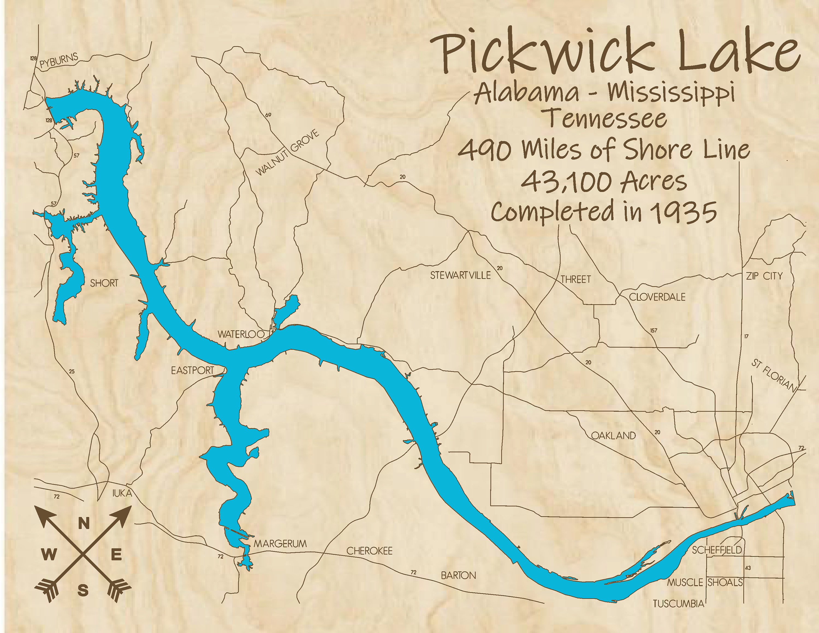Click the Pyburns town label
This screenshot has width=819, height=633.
coord(59,61)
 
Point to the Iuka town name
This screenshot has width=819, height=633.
coord(122,494)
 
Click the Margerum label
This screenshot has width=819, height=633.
coord(280,543)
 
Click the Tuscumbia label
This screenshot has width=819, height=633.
coord(678,604)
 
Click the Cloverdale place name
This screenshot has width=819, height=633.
coord(657,297)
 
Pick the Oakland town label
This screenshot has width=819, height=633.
coord(613,435)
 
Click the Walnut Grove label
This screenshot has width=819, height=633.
coord(287,153)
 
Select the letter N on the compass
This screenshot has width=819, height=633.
coord(84,523)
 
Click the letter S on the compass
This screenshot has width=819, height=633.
coord(83,592)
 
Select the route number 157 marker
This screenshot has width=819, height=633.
coord(654,330)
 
